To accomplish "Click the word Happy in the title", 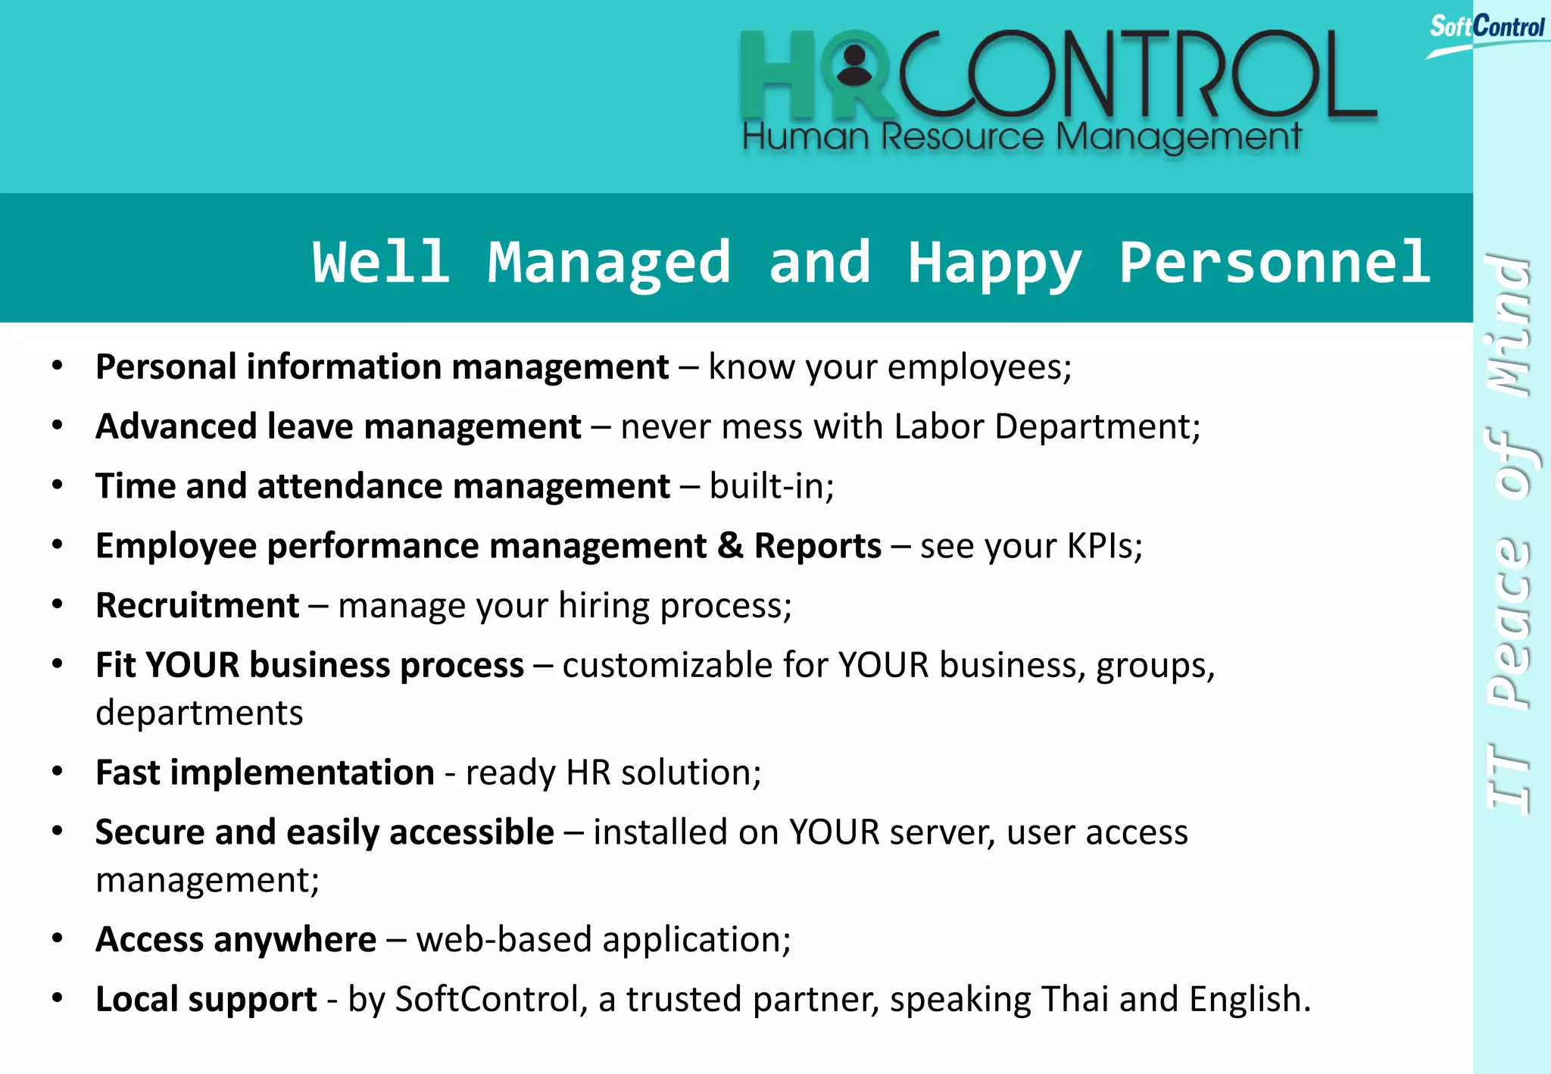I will coord(995,262).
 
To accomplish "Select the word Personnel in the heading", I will coord(1275,262).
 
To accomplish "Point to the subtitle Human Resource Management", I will coord(1022,137).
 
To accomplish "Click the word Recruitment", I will coord(198,605).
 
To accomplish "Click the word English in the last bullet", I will coord(1249,999).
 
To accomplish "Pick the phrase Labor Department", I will coord(1046,426).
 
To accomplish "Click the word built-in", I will coord(771,485).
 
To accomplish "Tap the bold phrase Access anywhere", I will coord(236,939).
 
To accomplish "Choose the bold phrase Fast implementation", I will coord(264,773).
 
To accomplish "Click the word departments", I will coord(199,713).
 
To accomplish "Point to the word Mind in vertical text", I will coord(1508,326).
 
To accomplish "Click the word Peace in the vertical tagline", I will coord(1508,621).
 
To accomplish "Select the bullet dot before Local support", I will coord(58,998).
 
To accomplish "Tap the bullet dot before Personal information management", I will coord(58,366).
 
